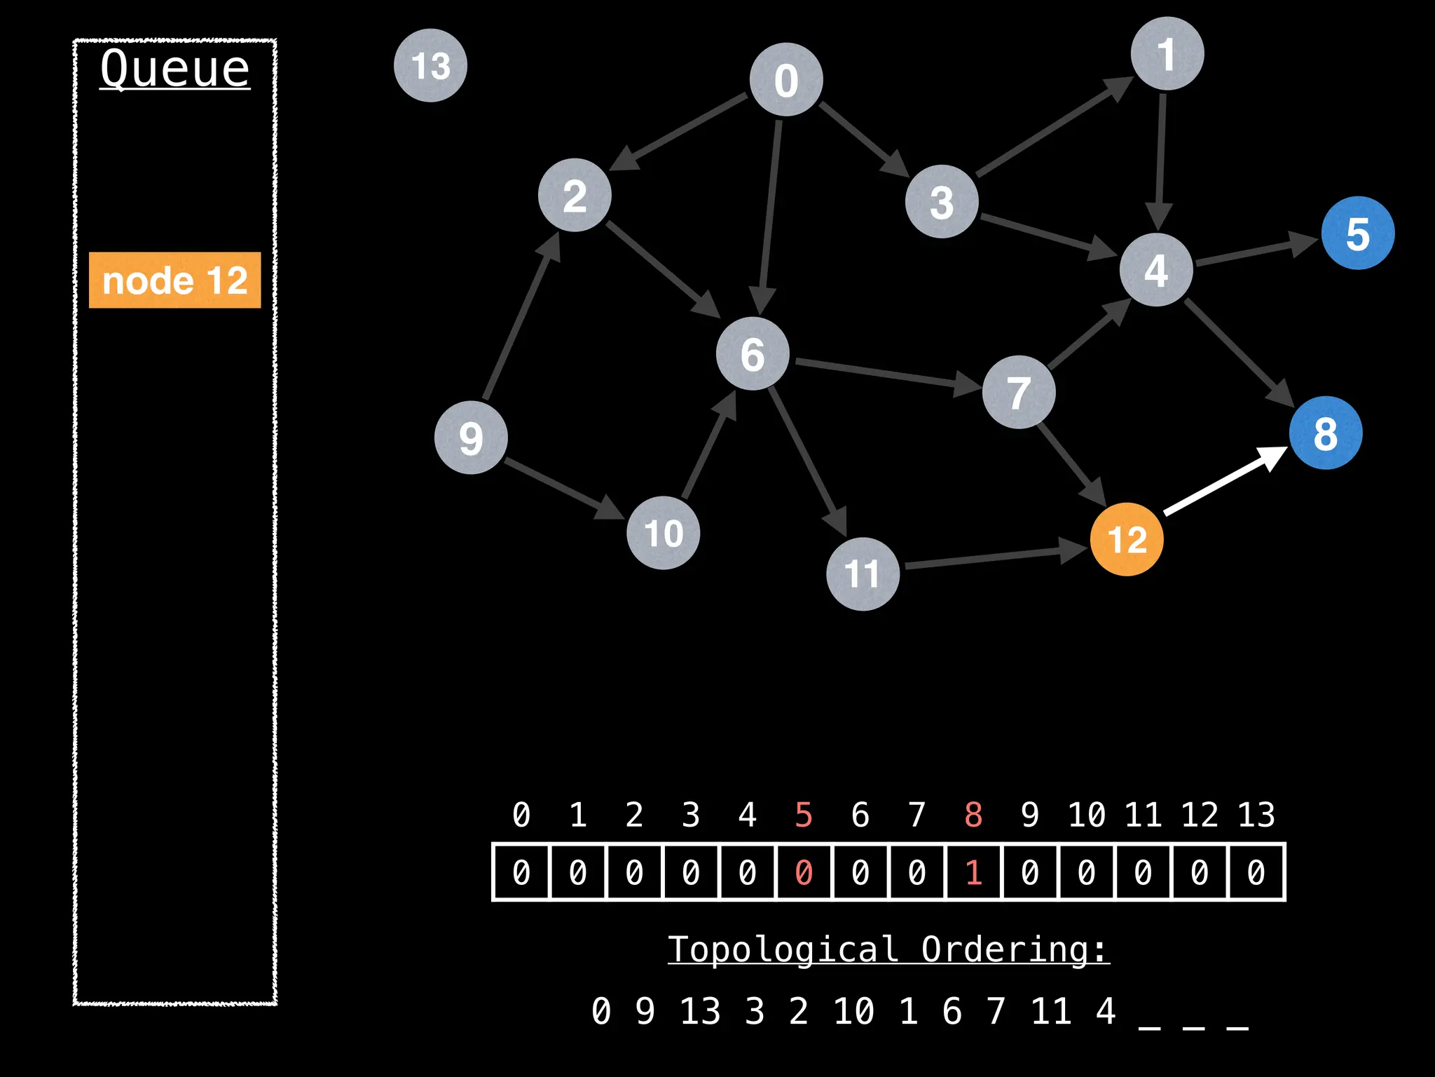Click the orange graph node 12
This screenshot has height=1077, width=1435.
[x=1127, y=539]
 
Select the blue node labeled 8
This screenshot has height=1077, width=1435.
[x=1325, y=433]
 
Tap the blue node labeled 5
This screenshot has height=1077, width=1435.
[x=1357, y=233]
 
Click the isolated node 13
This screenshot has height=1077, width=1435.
[x=430, y=65]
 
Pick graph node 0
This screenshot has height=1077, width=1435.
[x=785, y=79]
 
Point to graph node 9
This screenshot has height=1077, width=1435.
[x=471, y=438]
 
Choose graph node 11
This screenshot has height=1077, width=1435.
[x=863, y=574]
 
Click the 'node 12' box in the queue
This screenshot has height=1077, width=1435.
[x=174, y=280]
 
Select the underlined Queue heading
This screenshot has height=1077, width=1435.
[x=174, y=69]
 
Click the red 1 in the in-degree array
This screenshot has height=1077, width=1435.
[x=973, y=872]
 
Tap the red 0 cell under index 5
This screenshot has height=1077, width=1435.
[x=804, y=872]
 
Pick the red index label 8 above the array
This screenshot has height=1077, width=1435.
[x=973, y=815]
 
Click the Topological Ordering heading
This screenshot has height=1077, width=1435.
[x=888, y=949]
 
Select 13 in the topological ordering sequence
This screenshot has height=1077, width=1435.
[x=700, y=1011]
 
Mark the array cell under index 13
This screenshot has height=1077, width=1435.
[x=1256, y=872]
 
